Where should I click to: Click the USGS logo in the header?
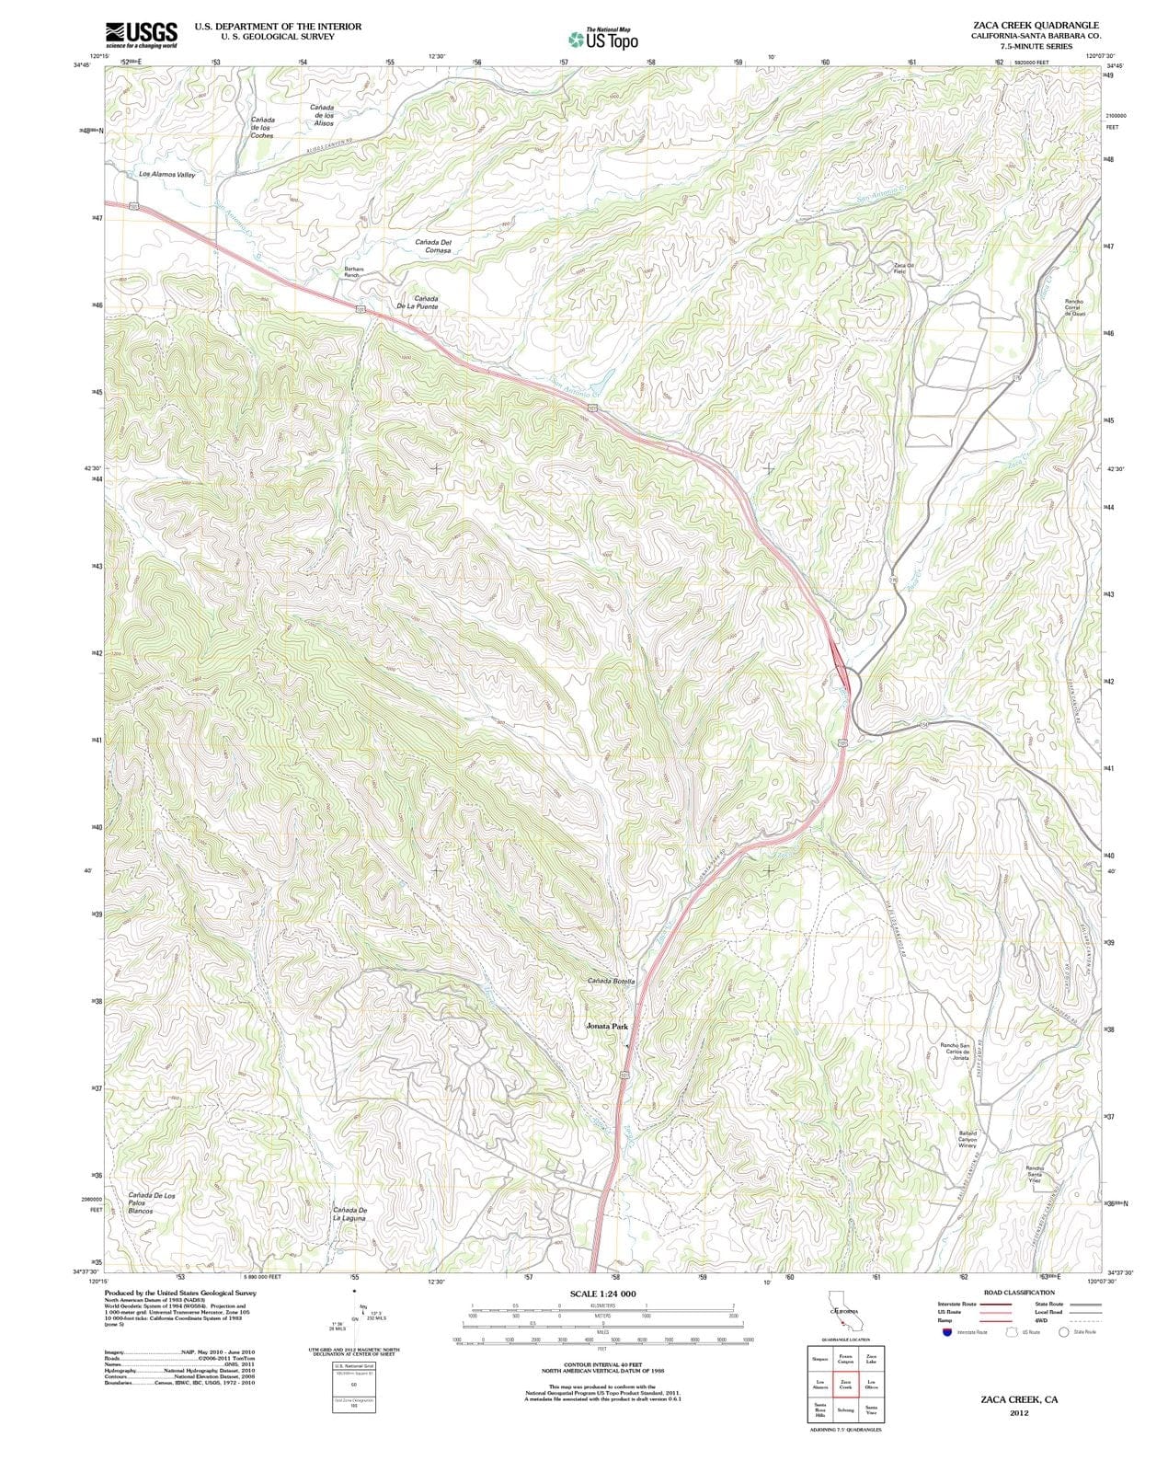point(141,34)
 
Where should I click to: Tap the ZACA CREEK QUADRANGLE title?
point(1034,25)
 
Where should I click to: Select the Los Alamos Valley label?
point(166,174)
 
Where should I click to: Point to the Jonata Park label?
point(607,1026)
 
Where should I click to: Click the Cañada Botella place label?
point(612,981)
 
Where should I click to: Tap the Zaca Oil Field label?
point(899,268)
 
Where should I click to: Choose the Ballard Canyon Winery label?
point(968,1139)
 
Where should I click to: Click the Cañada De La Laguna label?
point(349,1213)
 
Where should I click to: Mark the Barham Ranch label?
point(354,271)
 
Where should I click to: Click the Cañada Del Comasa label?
point(432,246)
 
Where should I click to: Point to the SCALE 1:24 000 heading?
point(602,1294)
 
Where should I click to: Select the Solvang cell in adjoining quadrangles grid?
point(845,1409)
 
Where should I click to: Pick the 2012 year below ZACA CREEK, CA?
point(1018,1413)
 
